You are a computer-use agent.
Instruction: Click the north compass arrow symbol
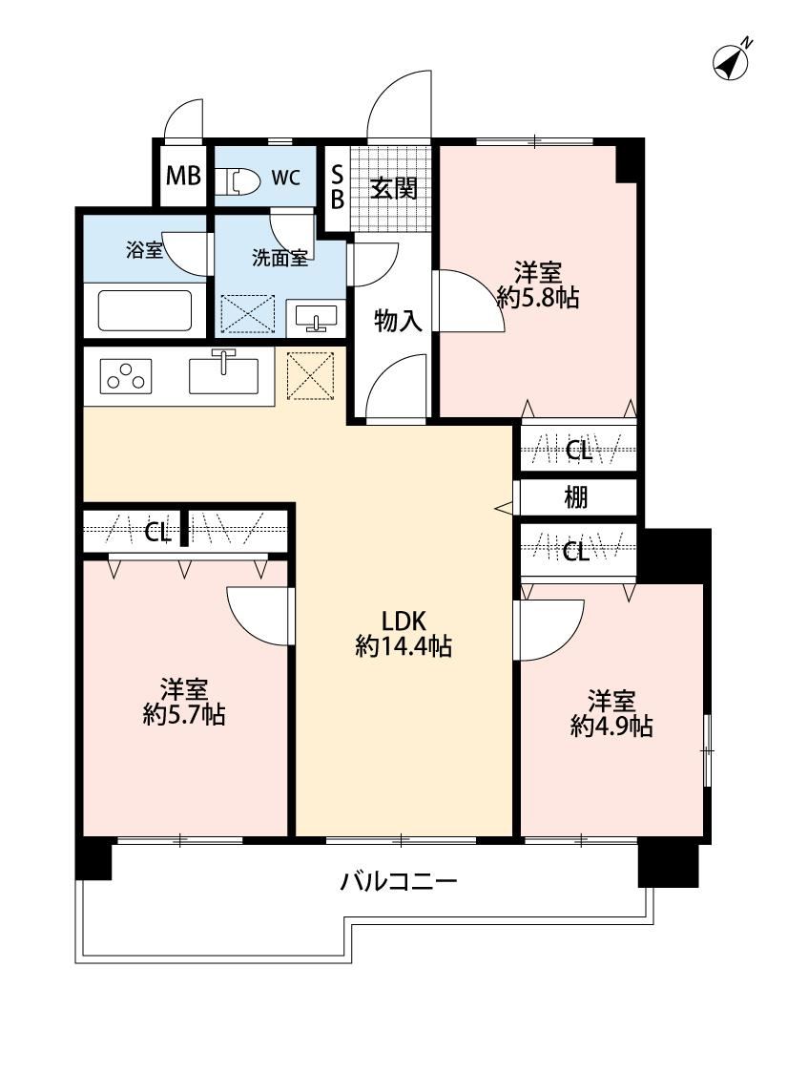pyautogui.click(x=731, y=59)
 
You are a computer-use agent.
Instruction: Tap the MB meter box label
pyautogui.click(x=183, y=176)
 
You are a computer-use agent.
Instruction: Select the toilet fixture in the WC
pyautogui.click(x=237, y=180)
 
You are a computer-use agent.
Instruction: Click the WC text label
pyautogui.click(x=285, y=178)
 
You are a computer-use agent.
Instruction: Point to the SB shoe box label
pyautogui.click(x=338, y=187)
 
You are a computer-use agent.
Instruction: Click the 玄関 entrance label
pyautogui.click(x=394, y=187)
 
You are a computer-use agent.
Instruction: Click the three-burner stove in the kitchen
pyautogui.click(x=126, y=376)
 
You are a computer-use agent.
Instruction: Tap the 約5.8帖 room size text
pyautogui.click(x=538, y=298)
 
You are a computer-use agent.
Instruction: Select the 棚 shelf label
pyautogui.click(x=575, y=497)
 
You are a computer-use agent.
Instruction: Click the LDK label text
pyautogui.click(x=404, y=621)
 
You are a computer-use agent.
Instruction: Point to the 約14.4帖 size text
pyautogui.click(x=404, y=646)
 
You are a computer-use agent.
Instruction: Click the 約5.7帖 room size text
pyautogui.click(x=184, y=714)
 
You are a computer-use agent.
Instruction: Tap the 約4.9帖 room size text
pyautogui.click(x=611, y=727)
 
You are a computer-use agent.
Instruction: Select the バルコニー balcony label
pyautogui.click(x=399, y=881)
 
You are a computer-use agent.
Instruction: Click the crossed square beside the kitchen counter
pyautogui.click(x=310, y=375)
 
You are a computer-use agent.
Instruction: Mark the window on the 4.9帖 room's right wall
pyautogui.click(x=707, y=750)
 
